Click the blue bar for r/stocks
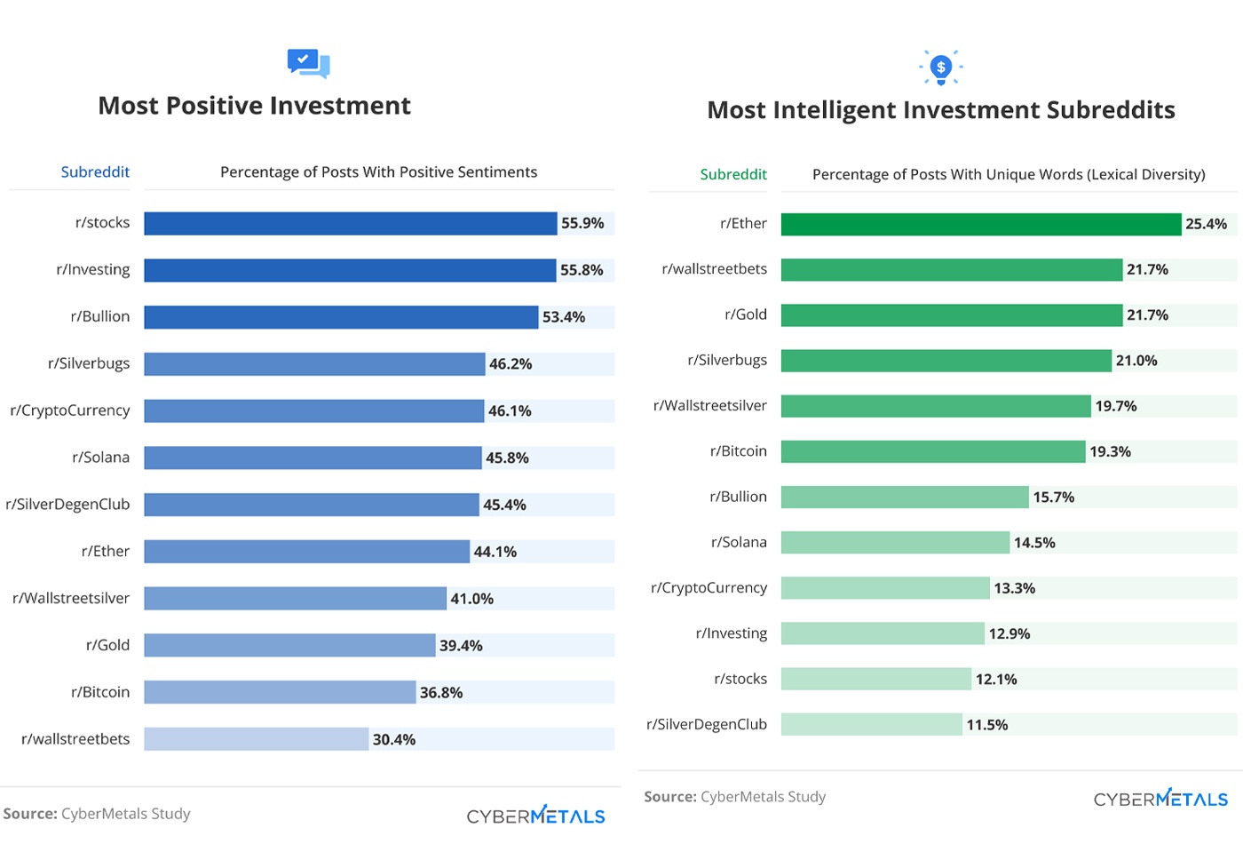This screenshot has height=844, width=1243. coord(351,223)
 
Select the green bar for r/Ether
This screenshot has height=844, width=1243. coord(981,224)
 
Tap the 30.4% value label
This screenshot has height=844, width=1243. coord(394,739)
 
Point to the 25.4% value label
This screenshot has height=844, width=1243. coord(1206,224)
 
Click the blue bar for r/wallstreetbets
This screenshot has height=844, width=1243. coord(257,739)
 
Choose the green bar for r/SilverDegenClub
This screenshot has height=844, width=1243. coord(871,725)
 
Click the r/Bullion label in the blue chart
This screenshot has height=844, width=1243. coord(100,316)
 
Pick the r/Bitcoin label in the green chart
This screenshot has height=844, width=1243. coord(738,451)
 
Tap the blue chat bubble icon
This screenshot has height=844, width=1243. coord(308,63)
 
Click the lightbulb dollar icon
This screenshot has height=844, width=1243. coord(941,68)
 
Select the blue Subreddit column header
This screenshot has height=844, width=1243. coord(95,172)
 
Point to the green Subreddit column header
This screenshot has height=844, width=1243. coord(733,174)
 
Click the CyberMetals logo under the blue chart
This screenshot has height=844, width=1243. coord(536,815)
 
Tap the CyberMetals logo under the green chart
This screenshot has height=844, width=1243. coord(1160,798)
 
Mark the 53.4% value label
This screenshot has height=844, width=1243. coord(564,317)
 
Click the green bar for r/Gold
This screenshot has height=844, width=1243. coord(952,315)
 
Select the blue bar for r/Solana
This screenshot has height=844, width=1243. coord(313,458)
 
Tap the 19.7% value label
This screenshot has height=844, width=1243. coord(1116,406)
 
